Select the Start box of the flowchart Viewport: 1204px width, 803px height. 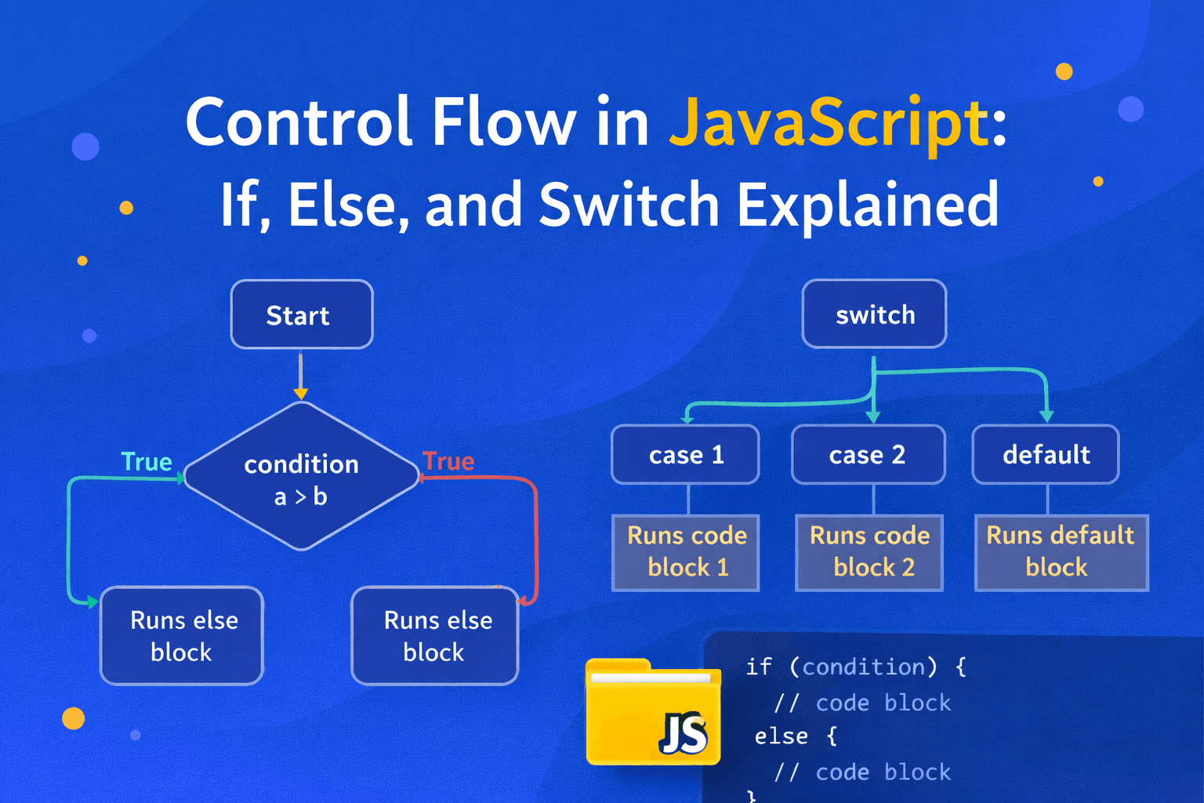point(301,314)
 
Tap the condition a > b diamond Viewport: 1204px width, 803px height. point(301,478)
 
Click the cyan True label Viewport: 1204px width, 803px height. point(147,462)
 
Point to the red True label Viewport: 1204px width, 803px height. point(448,461)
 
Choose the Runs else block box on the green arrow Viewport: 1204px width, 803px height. point(182,636)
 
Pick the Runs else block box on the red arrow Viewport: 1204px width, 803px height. point(435,636)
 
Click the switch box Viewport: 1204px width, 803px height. point(874,314)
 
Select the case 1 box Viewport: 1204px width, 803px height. point(685,455)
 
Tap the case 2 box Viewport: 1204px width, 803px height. point(868,455)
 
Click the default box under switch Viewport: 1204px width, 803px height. point(1046,455)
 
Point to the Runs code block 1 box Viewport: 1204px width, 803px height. point(686,552)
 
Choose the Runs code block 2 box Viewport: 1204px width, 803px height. point(869,552)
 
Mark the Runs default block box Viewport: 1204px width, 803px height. point(1061,552)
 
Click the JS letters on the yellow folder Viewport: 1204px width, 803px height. point(683,733)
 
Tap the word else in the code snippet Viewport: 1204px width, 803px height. point(781,736)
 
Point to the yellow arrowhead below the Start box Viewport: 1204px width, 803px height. point(301,394)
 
